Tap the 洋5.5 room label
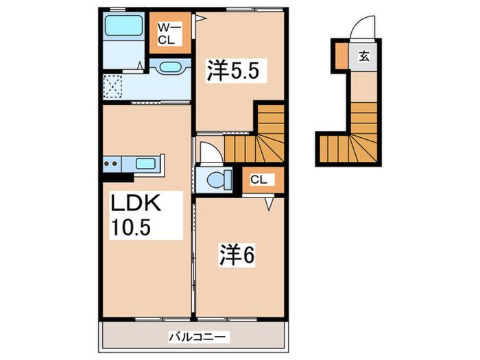tap(233, 71)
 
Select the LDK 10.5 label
tap(136, 215)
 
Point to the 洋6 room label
tap(236, 255)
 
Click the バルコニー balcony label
tap(197, 337)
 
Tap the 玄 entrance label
tap(364, 56)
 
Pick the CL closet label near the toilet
tap(259, 180)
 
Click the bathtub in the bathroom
tap(123, 25)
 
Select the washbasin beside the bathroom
tap(170, 67)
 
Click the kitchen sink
tap(145, 164)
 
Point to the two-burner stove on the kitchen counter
tap(112, 164)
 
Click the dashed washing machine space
tap(112, 87)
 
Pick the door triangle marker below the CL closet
tap(269, 204)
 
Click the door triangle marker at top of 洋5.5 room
tap(200, 18)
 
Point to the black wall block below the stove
tap(118, 178)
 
